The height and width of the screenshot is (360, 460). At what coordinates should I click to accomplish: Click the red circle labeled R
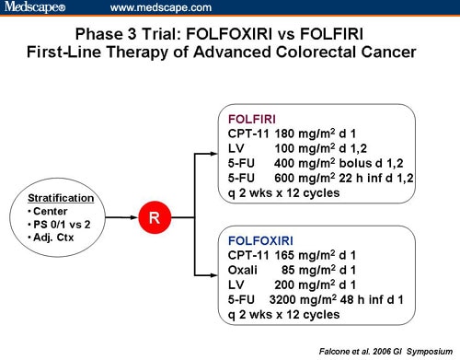click(154, 220)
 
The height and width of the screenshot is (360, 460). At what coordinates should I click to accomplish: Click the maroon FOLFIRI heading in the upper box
click(254, 119)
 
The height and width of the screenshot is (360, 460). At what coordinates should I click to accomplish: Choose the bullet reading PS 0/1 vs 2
click(65, 225)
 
